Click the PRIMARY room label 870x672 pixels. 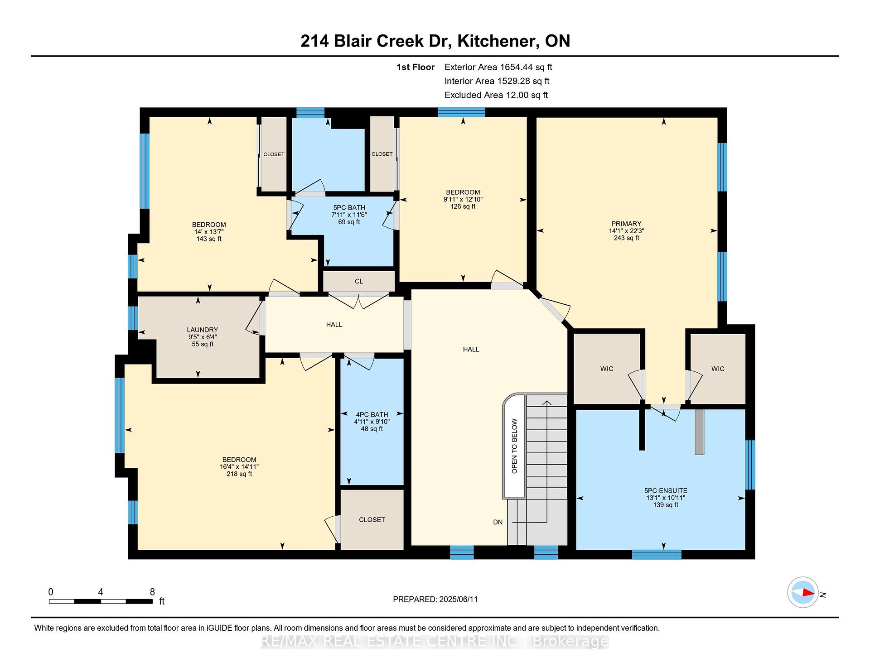click(x=626, y=224)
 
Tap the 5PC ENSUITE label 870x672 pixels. click(x=666, y=491)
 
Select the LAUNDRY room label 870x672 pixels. click(x=203, y=330)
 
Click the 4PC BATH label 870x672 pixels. click(x=372, y=415)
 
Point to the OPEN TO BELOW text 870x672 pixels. click(x=514, y=446)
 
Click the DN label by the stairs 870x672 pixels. click(x=498, y=522)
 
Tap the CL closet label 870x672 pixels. click(x=359, y=281)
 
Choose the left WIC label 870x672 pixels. click(x=607, y=369)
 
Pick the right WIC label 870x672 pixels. click(x=718, y=369)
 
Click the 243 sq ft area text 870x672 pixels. click(x=626, y=238)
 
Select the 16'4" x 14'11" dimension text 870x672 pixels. click(x=239, y=467)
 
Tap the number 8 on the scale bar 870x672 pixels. click(x=152, y=592)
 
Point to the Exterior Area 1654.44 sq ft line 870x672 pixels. click(x=498, y=67)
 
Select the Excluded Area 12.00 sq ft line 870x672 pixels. click(x=496, y=95)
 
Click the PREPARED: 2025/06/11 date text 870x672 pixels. click(x=435, y=600)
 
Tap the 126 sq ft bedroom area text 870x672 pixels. click(x=463, y=206)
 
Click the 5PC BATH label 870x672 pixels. click(x=349, y=208)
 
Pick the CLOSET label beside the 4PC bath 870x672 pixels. click(x=372, y=520)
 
